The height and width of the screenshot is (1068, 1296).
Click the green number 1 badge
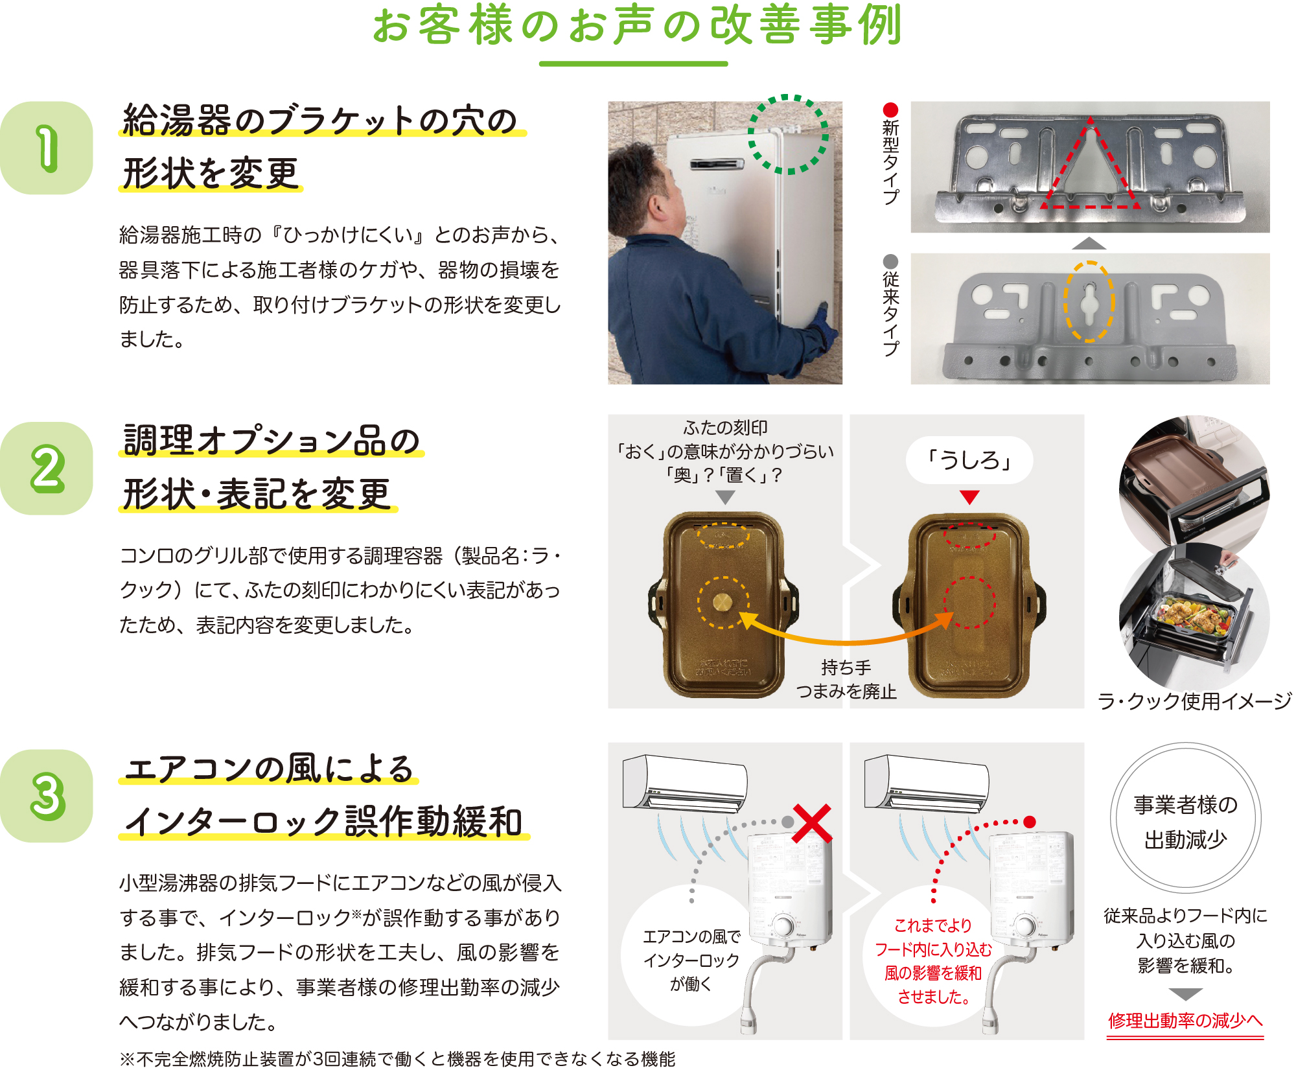click(47, 148)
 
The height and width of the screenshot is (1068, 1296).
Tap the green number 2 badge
click(47, 468)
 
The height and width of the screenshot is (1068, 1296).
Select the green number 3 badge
click(47, 796)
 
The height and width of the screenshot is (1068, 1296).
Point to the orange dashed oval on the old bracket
click(1089, 302)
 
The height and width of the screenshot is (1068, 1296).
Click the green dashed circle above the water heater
click(788, 135)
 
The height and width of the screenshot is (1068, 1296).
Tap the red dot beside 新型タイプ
click(891, 110)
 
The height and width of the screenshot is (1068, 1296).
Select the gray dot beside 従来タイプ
click(891, 261)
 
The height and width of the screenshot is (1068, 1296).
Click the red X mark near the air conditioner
click(811, 823)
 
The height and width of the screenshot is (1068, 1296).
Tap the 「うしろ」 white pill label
click(969, 460)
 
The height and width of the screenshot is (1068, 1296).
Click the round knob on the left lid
click(723, 602)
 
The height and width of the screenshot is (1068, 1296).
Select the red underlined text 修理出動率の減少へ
click(1185, 1021)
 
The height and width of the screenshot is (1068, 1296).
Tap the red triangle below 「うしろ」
click(969, 497)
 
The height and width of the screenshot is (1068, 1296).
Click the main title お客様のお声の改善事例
click(637, 26)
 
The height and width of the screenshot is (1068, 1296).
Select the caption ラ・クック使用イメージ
click(1194, 701)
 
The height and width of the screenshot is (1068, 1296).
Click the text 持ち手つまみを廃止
click(846, 679)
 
